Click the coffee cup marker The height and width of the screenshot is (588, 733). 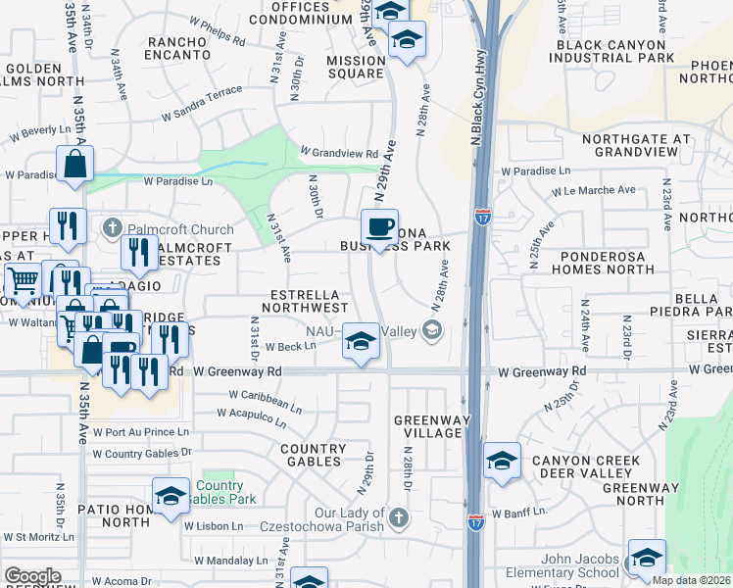379,227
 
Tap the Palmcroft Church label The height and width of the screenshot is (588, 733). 165,229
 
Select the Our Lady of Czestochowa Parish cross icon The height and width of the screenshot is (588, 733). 397,515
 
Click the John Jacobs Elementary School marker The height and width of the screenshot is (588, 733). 646,558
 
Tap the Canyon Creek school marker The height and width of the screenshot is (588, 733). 502,461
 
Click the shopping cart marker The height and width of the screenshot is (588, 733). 23,282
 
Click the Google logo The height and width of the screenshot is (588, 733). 32,576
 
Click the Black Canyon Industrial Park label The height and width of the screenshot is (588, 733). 613,51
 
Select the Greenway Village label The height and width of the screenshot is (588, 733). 427,426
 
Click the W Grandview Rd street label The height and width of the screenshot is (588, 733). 339,153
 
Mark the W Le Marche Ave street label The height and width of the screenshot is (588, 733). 585,190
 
